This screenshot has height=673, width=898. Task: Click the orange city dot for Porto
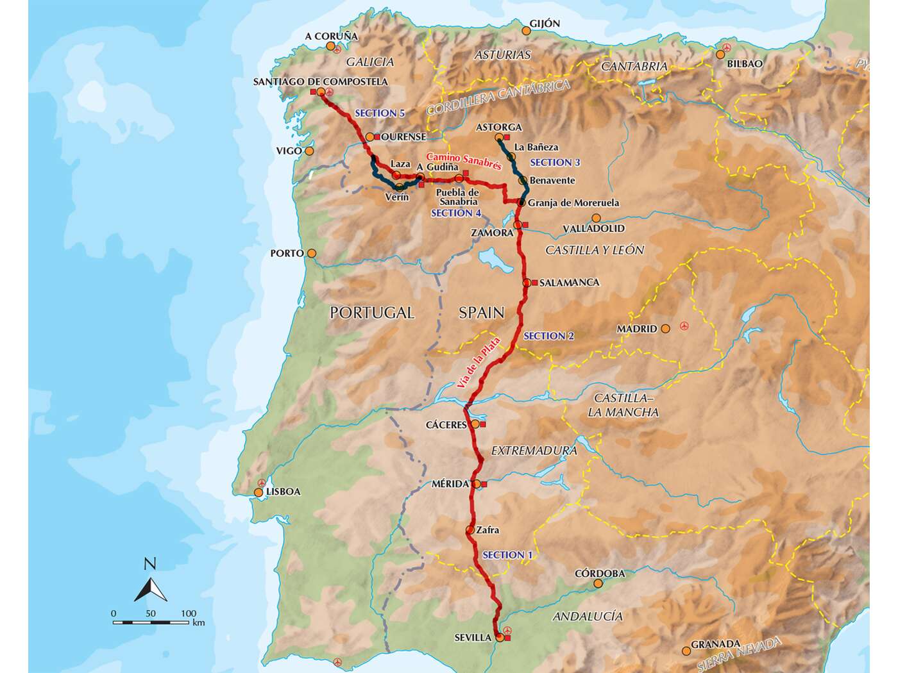pyautogui.click(x=312, y=253)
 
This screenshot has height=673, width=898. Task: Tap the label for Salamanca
pyautogui.click(x=569, y=282)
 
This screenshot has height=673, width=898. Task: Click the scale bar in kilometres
pyautogui.click(x=151, y=622)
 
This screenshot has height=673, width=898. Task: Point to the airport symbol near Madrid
pyautogui.click(x=684, y=327)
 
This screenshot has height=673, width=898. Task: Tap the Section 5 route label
pyautogui.click(x=380, y=113)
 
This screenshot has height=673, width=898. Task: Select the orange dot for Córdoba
pyautogui.click(x=598, y=584)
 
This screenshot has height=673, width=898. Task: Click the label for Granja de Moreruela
pyautogui.click(x=573, y=203)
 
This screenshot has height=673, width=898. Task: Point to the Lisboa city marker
pyautogui.click(x=259, y=493)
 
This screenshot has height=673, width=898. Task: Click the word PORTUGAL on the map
pyautogui.click(x=371, y=313)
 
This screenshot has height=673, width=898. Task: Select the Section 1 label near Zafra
pyautogui.click(x=507, y=554)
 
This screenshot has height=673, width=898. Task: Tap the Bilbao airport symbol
pyautogui.click(x=727, y=48)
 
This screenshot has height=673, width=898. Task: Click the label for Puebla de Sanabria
pyautogui.click(x=457, y=197)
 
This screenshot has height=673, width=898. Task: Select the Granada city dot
pyautogui.click(x=687, y=651)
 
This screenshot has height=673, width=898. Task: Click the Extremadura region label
pyautogui.click(x=534, y=451)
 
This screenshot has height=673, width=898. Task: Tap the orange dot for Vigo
pyautogui.click(x=310, y=151)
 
